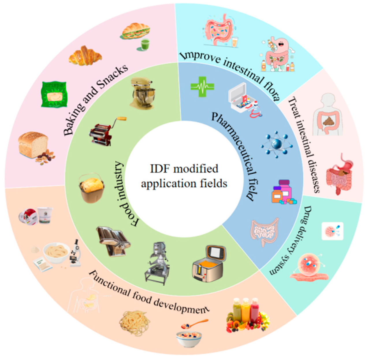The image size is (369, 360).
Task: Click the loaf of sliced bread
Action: (33, 145)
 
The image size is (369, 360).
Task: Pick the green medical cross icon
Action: (202, 86)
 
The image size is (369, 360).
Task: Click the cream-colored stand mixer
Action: (143, 93)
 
